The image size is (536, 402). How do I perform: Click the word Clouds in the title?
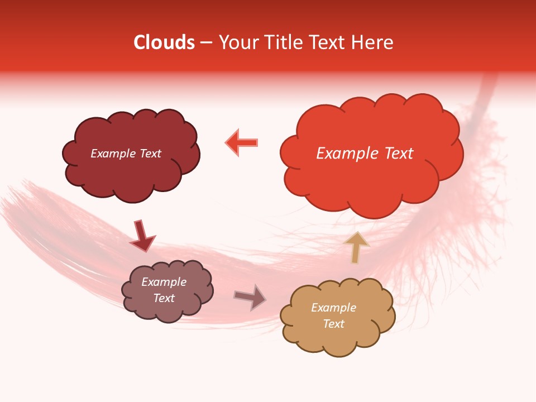[x=164, y=42]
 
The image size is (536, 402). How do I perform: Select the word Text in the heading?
[x=329, y=42]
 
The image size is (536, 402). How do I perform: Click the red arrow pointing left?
[x=242, y=142]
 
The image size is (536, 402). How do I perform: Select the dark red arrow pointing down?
[x=142, y=235]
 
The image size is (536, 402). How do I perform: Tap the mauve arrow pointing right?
[x=251, y=298]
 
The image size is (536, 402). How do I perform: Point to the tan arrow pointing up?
[x=357, y=246]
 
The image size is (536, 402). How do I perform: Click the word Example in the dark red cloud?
[x=113, y=154]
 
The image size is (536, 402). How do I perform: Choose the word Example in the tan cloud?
[x=333, y=308]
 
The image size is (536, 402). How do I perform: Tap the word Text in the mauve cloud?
[x=164, y=298]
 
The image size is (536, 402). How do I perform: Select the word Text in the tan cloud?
[x=333, y=324]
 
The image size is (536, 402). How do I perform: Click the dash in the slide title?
[x=206, y=42]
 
